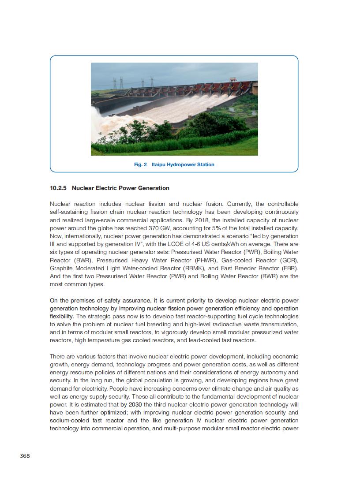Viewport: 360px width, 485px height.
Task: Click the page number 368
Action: [x=25, y=455]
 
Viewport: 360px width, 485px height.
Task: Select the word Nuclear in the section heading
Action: [x=82, y=188]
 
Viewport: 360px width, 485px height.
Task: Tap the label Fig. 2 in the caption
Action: [x=140, y=164]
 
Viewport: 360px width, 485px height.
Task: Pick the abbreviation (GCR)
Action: [x=289, y=260]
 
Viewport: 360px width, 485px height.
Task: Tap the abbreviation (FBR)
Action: [x=289, y=268]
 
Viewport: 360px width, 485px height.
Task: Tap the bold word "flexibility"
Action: [x=62, y=317]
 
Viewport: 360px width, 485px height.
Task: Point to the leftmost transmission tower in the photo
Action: [x=115, y=83]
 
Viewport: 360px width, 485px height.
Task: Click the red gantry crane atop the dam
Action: [x=232, y=80]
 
